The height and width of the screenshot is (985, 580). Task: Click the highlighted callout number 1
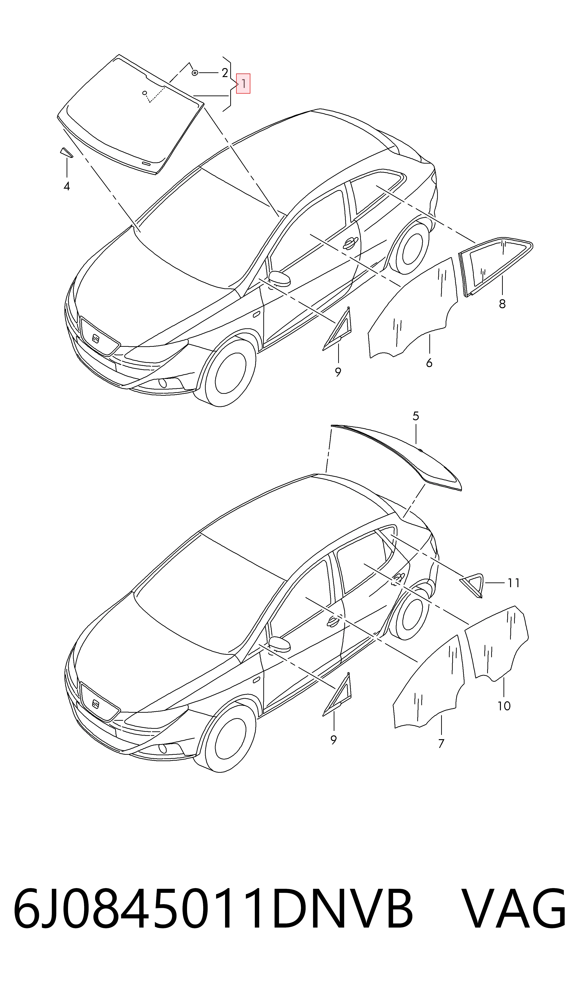pos(243,84)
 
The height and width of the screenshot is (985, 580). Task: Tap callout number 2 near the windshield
pos(225,73)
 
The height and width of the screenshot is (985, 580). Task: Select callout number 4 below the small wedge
pos(67,186)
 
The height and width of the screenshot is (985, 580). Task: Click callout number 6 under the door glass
pos(429,363)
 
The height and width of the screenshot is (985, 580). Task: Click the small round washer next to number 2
pos(195,73)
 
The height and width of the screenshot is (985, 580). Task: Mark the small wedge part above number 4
pos(66,152)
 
